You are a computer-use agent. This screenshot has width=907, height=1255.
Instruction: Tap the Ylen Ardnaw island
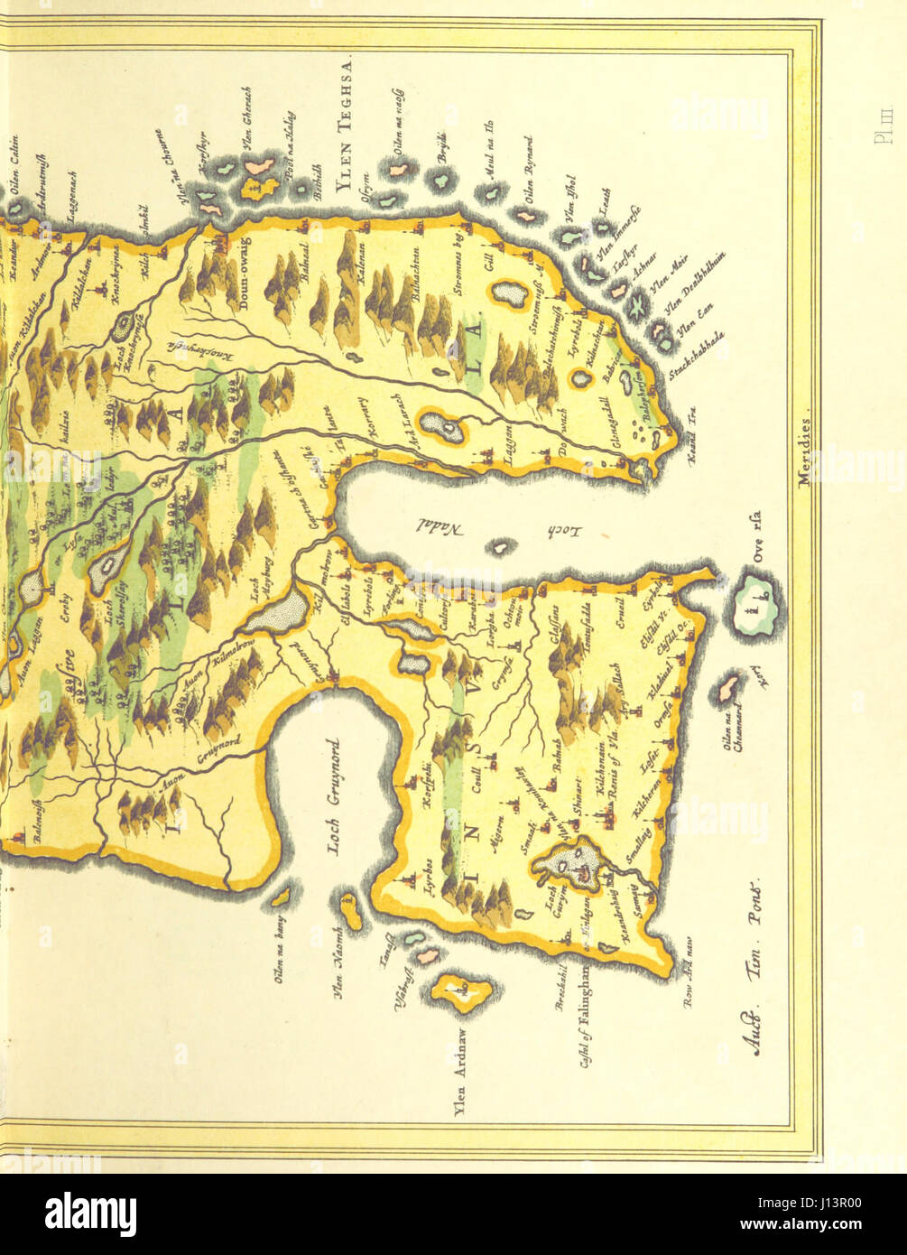(x=460, y=991)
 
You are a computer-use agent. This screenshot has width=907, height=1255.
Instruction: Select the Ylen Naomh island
(x=351, y=913)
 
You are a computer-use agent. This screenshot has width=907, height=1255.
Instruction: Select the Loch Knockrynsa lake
(x=121, y=328)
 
